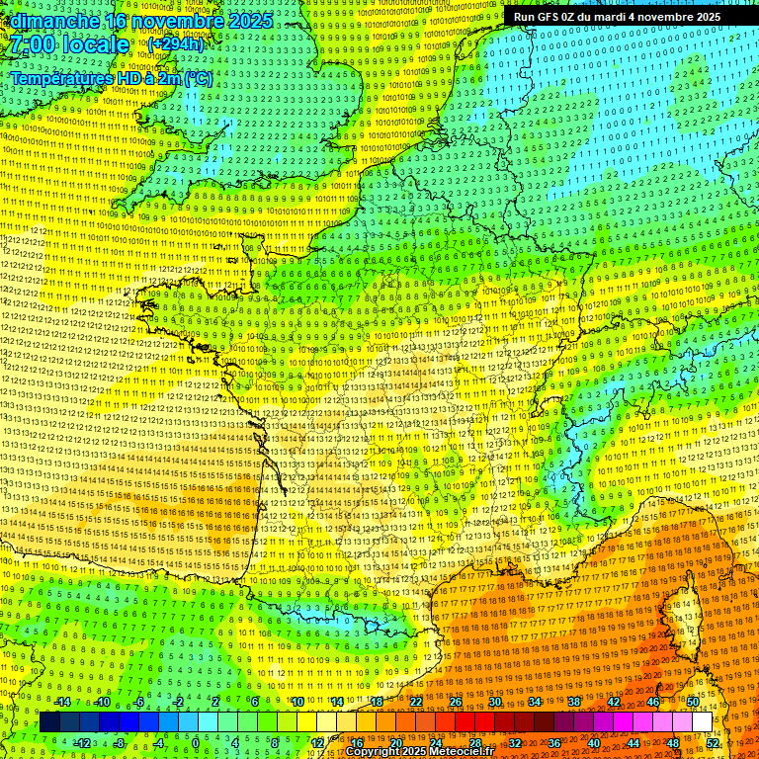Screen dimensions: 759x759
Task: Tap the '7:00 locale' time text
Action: click(x=70, y=44)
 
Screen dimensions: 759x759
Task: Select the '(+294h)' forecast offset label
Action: click(x=175, y=44)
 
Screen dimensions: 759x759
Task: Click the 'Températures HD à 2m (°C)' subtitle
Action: click(x=111, y=78)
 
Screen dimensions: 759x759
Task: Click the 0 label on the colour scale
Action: click(x=196, y=742)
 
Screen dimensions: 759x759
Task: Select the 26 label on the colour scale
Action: click(x=456, y=702)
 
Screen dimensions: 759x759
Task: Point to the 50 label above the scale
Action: click(x=692, y=702)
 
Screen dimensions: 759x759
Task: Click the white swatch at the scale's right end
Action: click(x=702, y=722)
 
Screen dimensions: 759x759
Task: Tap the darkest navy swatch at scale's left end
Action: click(x=50, y=722)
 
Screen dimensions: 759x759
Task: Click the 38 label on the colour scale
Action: click(x=573, y=702)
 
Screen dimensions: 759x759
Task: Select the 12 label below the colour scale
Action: click(x=317, y=742)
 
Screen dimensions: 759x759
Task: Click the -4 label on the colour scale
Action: click(x=158, y=742)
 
